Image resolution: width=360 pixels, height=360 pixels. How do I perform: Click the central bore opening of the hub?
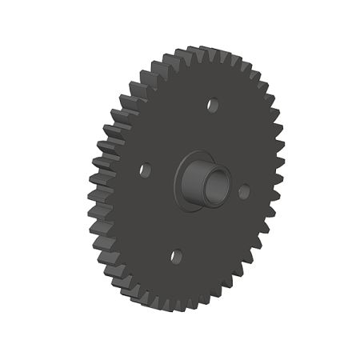(x=215, y=185)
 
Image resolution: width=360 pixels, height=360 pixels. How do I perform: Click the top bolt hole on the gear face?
(x=213, y=104)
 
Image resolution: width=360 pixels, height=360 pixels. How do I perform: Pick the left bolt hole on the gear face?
(x=145, y=170)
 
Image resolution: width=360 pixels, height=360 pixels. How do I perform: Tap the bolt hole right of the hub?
(x=244, y=191)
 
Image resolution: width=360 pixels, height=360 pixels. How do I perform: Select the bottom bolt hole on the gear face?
(x=177, y=257)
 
